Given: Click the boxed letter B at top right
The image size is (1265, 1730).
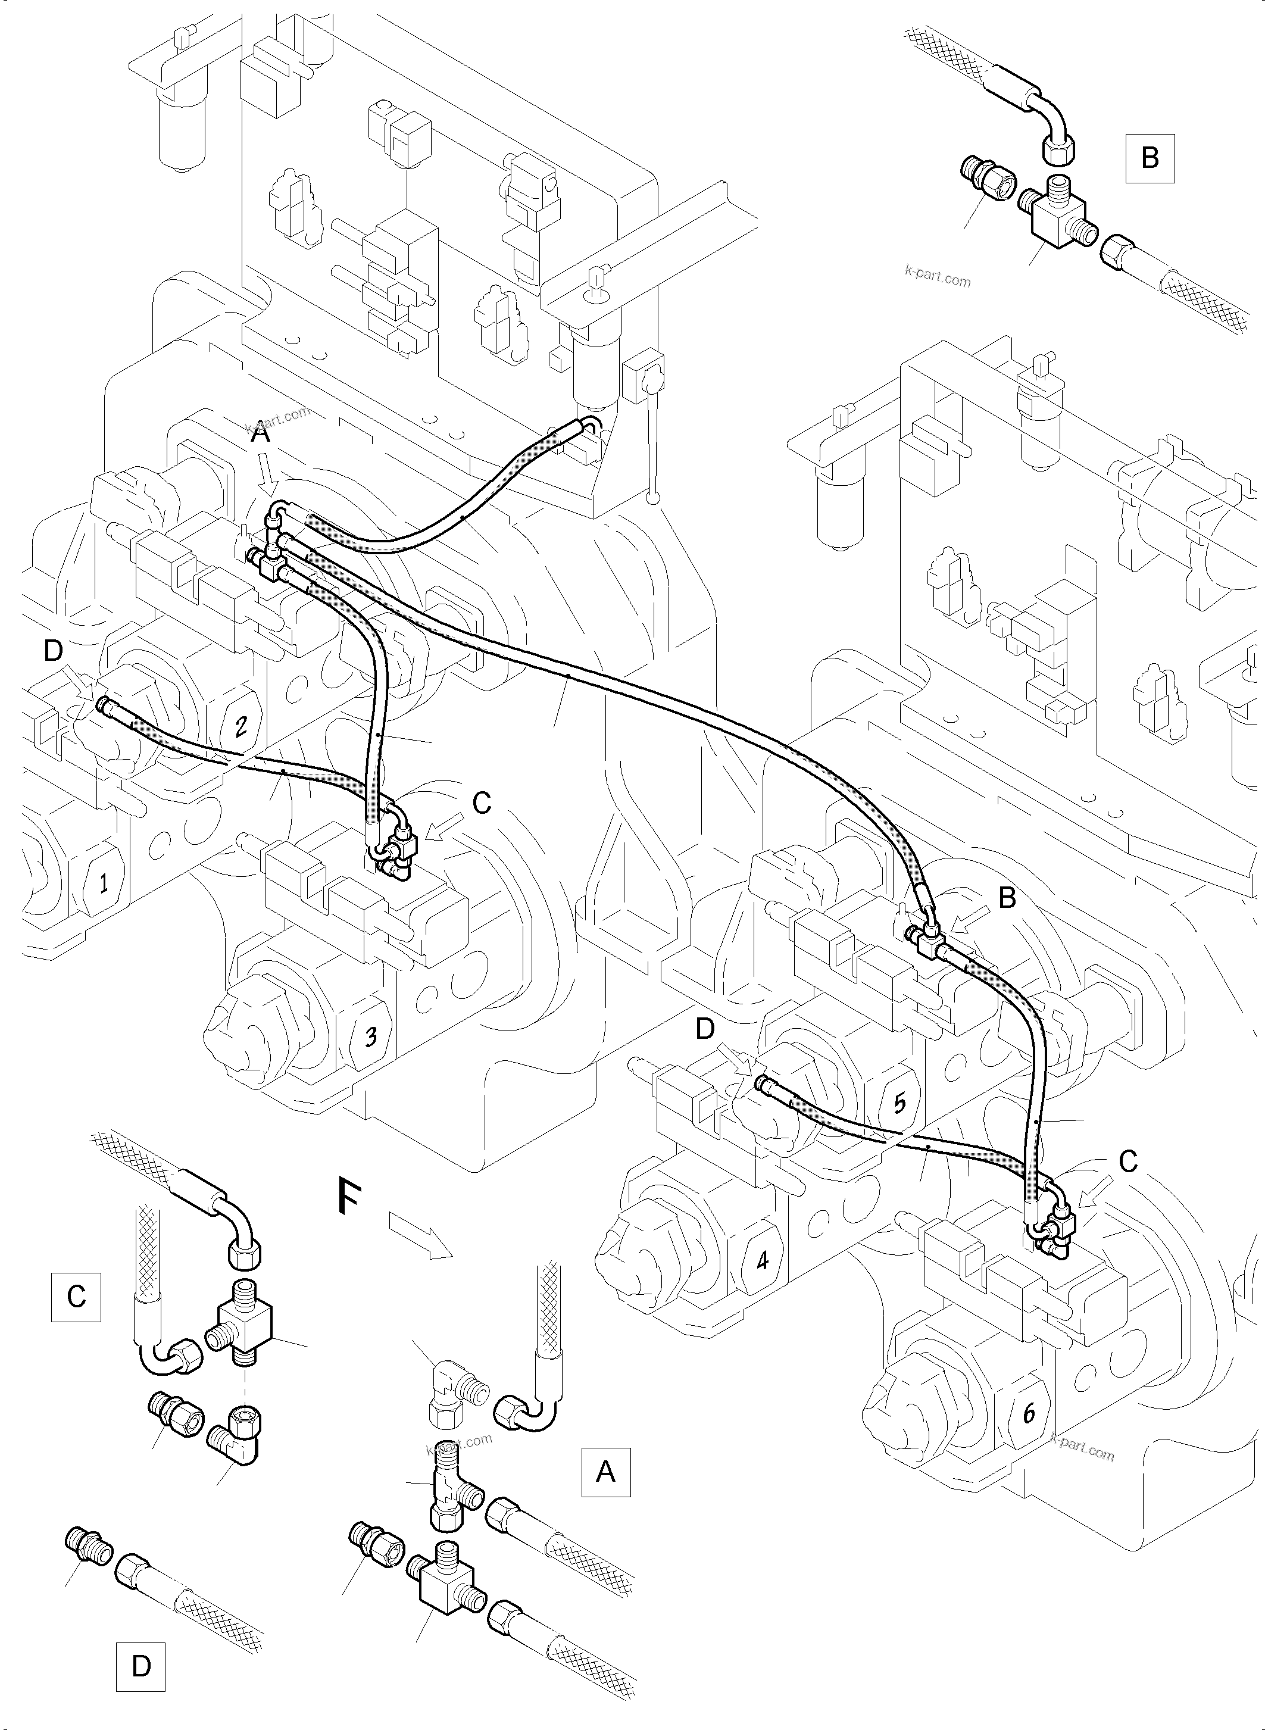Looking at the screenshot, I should point(1150,158).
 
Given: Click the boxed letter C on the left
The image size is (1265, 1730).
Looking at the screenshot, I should point(76,1297).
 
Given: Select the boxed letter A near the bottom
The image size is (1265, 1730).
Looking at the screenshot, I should point(605,1471).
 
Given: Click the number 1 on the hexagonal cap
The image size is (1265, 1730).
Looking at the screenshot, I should point(102,883).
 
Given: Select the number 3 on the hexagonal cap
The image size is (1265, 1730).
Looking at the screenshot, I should point(371,1037).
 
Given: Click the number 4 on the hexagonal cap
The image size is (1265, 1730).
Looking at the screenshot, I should point(762,1259).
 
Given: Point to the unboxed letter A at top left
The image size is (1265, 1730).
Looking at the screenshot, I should point(261,434).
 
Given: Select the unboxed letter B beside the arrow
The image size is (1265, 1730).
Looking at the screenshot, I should point(1007,898).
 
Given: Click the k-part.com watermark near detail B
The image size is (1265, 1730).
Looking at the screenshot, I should point(937,276).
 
